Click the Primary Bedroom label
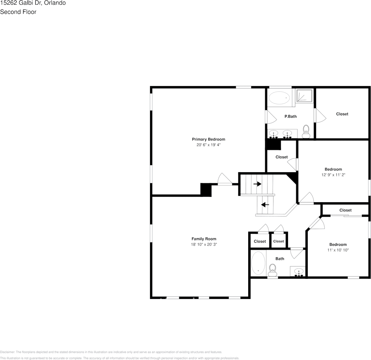coord(208,139)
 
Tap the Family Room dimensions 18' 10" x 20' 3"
coord(204,245)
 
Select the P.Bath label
coord(291,116)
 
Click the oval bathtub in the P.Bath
coord(279,98)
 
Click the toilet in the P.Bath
coord(306,132)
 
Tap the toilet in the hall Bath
coord(272,270)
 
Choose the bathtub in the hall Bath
coord(258,263)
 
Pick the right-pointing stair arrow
coord(257,184)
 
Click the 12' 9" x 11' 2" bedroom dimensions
coord(333,175)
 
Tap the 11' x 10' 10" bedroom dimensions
coord(338,250)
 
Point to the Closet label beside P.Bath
coord(342,114)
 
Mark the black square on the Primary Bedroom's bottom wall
coord(206,190)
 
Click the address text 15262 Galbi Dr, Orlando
coord(33,3)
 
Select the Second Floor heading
coord(18,12)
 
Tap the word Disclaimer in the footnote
coord(7,352)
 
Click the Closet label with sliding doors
coord(345,210)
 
